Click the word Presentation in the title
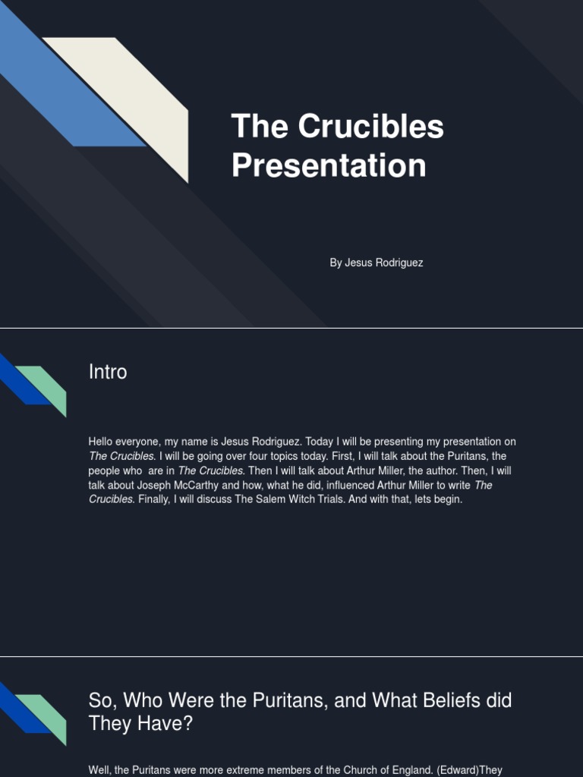tap(329, 165)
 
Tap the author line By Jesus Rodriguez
tap(376, 263)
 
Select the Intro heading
tap(108, 372)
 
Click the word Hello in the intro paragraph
tap(102, 442)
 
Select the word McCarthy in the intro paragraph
tap(194, 485)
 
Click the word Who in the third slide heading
tap(140, 700)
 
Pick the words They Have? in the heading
tap(140, 724)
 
